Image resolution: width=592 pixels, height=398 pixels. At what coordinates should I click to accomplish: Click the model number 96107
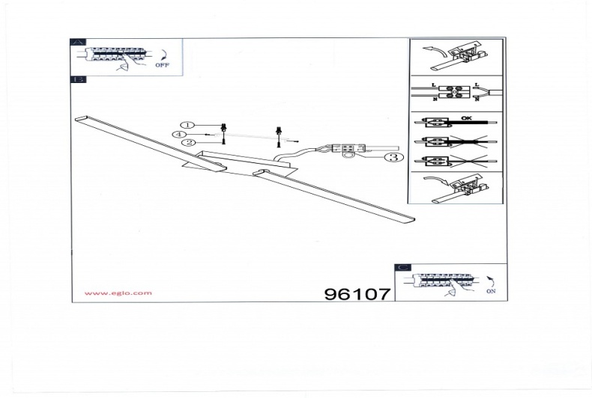click(357, 294)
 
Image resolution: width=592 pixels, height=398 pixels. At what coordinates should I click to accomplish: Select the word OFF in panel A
click(163, 66)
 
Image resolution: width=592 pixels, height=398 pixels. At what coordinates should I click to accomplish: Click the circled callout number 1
click(188, 125)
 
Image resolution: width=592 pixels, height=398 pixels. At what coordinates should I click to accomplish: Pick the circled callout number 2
click(188, 142)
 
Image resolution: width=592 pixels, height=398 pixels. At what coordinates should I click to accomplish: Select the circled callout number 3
click(392, 157)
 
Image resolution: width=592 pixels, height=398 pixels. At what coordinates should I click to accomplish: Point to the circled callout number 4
click(178, 134)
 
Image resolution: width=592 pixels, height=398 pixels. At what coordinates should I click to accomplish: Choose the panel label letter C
click(403, 267)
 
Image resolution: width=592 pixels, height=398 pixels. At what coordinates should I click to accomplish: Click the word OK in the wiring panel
click(466, 118)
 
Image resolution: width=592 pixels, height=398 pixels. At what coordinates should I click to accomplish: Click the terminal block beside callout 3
click(348, 149)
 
